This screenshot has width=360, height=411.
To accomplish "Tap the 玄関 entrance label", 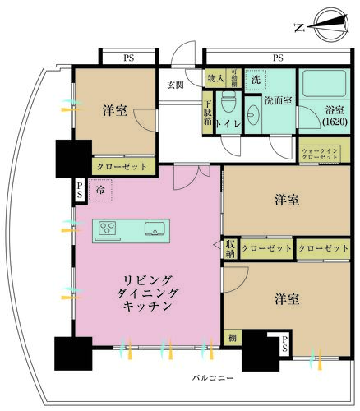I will (176, 85).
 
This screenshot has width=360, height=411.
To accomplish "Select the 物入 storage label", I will (215, 78).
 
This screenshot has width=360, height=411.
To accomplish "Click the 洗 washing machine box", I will (256, 81).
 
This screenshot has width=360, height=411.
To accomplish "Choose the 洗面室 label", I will (278, 100).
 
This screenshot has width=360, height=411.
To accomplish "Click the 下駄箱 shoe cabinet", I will (209, 113).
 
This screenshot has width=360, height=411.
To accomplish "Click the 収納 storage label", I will (230, 248).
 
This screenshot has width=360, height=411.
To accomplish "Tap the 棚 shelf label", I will (231, 338).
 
